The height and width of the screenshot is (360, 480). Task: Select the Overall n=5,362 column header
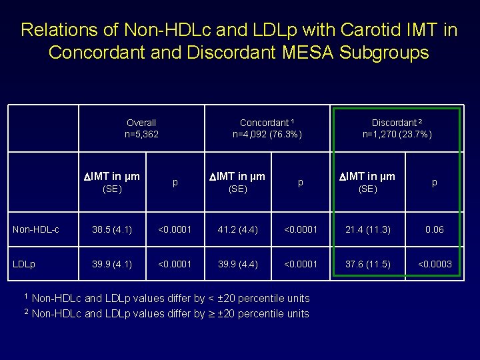click(141, 128)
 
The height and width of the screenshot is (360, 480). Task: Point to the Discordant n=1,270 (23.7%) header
click(397, 128)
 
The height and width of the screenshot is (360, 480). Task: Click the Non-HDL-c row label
click(36, 229)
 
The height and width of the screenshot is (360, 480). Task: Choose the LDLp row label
click(25, 264)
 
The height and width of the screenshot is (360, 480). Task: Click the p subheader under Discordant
click(435, 181)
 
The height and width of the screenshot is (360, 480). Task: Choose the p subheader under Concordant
click(301, 181)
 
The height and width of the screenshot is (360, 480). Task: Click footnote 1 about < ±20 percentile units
click(167, 298)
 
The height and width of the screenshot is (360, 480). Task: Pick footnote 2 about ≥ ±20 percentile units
click(167, 313)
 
